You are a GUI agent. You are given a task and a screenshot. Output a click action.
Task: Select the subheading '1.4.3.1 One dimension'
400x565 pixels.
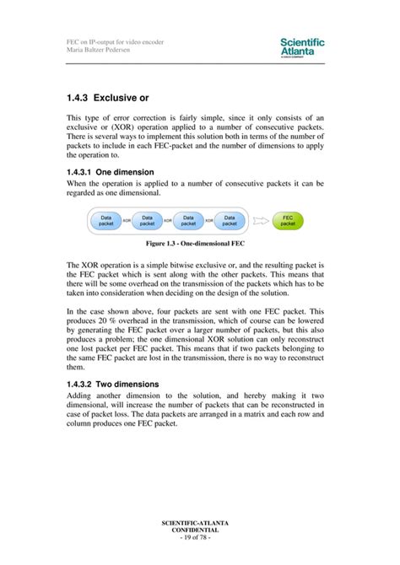(x=110, y=171)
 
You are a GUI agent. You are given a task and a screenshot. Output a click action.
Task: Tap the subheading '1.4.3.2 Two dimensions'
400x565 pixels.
(x=111, y=384)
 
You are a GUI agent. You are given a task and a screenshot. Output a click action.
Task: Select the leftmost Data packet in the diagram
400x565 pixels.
(x=106, y=219)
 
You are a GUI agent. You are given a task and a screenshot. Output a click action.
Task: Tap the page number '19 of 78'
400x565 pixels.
(x=200, y=537)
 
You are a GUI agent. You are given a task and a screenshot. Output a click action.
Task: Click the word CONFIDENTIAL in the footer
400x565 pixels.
(x=200, y=530)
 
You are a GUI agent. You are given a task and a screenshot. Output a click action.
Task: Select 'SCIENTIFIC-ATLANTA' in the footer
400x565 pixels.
(x=200, y=523)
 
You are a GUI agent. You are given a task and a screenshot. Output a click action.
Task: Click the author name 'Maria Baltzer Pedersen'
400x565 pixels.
(x=102, y=49)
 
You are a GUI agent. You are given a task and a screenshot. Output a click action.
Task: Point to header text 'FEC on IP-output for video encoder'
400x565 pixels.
(x=115, y=41)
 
